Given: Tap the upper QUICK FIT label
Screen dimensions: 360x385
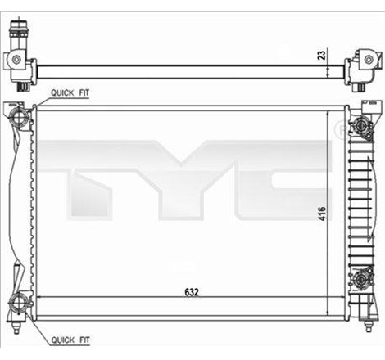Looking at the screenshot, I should tap(71, 94).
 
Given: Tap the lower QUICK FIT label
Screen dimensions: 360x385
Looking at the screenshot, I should tap(71, 339).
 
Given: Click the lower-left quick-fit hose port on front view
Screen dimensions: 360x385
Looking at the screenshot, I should tap(19, 308).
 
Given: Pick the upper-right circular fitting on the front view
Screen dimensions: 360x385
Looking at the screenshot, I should tap(358, 127).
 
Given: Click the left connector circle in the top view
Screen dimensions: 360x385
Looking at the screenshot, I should tap(16, 61).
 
